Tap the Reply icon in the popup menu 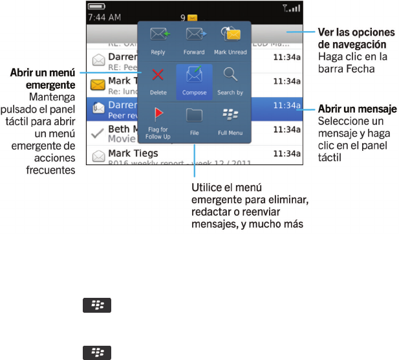[158, 36]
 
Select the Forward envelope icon [194, 35]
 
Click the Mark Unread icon [230, 35]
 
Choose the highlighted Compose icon [194, 76]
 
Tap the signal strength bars [293, 8]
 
